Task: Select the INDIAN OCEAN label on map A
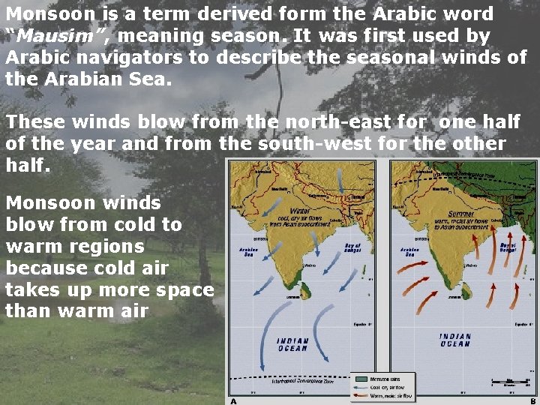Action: pyautogui.click(x=293, y=343)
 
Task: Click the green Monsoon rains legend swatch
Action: pyautogui.click(x=363, y=379)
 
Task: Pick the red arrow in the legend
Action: pyautogui.click(x=363, y=394)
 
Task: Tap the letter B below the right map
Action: pyautogui.click(x=533, y=400)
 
